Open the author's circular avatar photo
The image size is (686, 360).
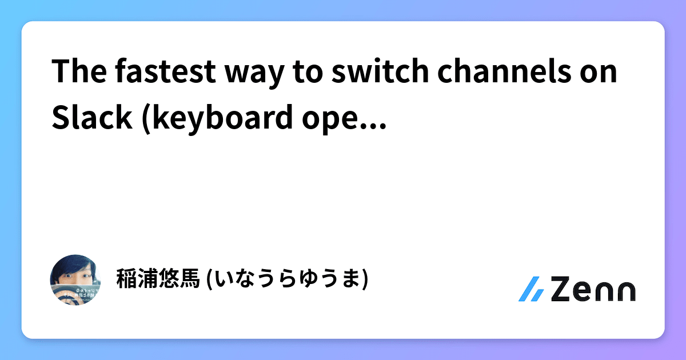76,279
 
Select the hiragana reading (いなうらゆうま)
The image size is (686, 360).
286,279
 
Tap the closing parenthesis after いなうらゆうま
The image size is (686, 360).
364,279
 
